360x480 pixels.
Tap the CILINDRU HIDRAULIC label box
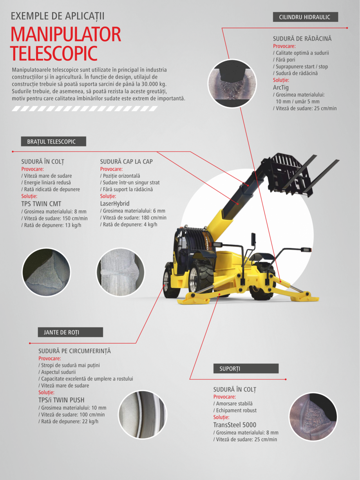point(305,17)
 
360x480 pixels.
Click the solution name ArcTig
point(280,88)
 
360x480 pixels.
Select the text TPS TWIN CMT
point(41,204)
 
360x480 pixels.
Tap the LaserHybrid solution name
point(114,204)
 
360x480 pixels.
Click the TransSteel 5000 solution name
point(235,425)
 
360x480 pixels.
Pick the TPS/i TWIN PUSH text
point(61,400)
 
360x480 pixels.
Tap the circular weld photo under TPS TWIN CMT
point(46,272)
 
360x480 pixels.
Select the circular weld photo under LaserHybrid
point(120,272)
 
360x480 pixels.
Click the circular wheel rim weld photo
point(142,415)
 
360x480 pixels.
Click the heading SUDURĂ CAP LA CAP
point(126,162)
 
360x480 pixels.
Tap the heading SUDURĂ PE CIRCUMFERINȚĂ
point(74,351)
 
